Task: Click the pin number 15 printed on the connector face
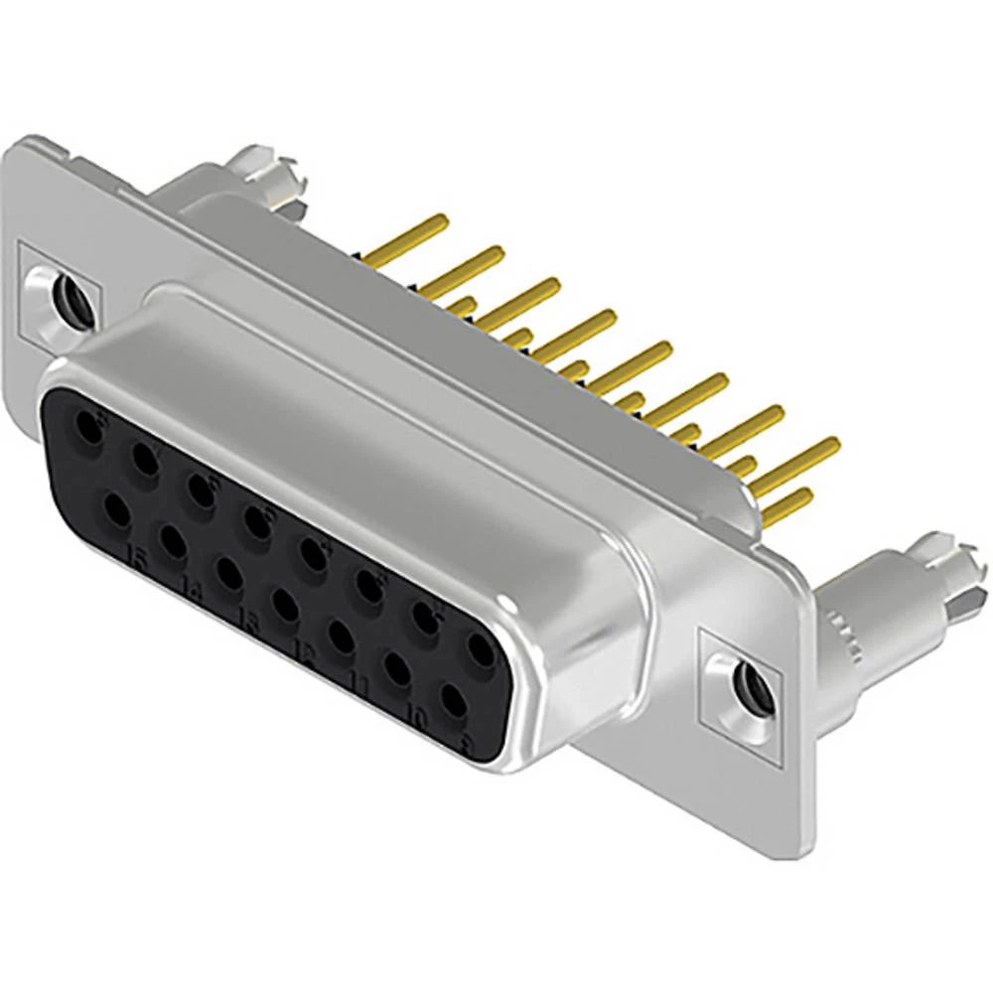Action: click(x=140, y=563)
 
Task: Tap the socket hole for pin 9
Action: click(x=454, y=700)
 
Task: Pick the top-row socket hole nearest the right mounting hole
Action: click(x=480, y=650)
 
